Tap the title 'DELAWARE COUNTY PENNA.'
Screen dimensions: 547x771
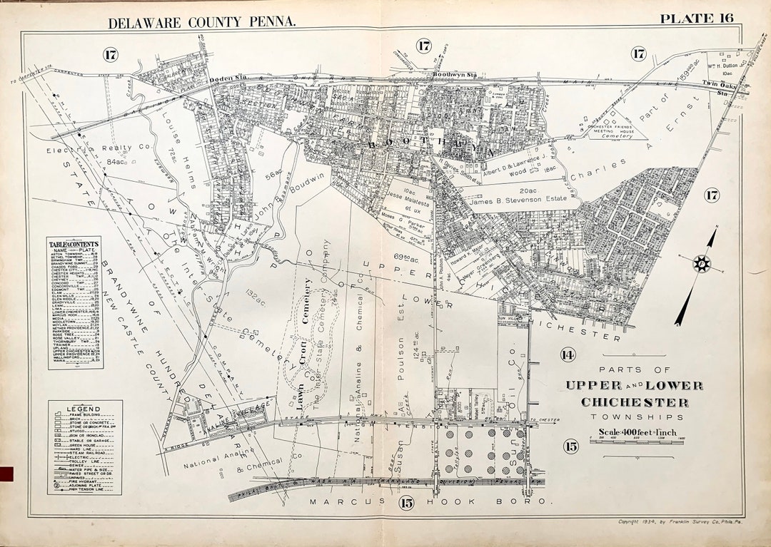(x=201, y=22)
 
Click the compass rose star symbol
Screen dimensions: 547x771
(x=702, y=263)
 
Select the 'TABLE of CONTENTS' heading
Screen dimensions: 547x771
(x=74, y=245)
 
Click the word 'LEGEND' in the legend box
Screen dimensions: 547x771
(x=83, y=409)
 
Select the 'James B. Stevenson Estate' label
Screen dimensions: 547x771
(x=512, y=203)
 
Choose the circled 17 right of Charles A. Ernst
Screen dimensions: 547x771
(x=712, y=195)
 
